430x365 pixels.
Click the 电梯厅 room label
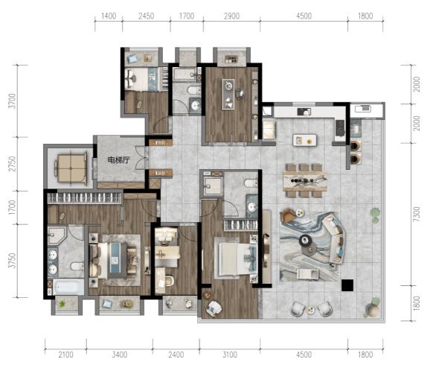point(118,160)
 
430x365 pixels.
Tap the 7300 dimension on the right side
point(417,215)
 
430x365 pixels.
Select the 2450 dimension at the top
point(146,16)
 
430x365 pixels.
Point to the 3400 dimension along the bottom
point(120,355)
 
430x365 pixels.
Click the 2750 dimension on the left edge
point(13,164)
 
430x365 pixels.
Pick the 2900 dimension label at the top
point(231,16)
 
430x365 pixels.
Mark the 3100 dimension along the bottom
point(230,355)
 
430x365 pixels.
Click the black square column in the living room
point(347,285)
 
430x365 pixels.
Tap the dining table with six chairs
point(305,181)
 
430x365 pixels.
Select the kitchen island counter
point(305,140)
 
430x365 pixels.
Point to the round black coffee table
point(304,241)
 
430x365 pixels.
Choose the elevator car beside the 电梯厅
point(71,168)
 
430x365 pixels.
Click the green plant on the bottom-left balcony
point(62,304)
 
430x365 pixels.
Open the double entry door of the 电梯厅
point(142,158)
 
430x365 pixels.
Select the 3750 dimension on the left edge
point(13,261)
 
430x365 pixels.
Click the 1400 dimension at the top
point(109,16)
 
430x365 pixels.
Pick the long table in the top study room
point(228,94)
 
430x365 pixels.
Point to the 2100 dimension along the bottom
point(65,355)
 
